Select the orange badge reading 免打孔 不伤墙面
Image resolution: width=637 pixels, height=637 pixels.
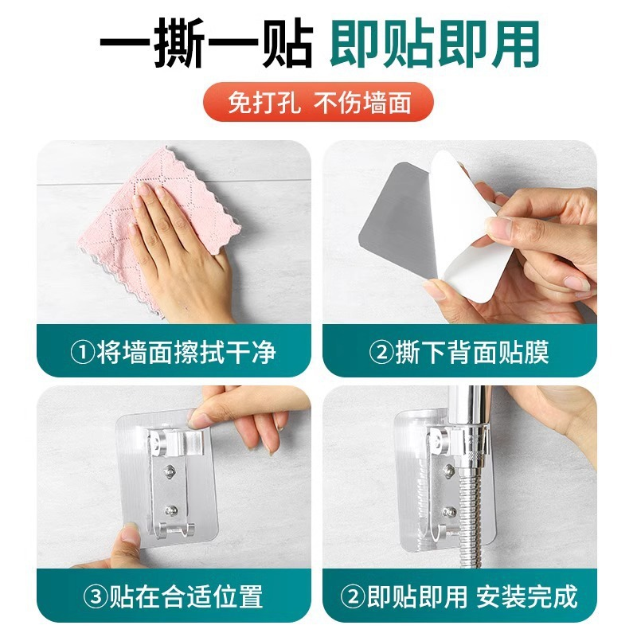318,104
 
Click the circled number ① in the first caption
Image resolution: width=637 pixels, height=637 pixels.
84,351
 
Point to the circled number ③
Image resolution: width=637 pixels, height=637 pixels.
84,596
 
